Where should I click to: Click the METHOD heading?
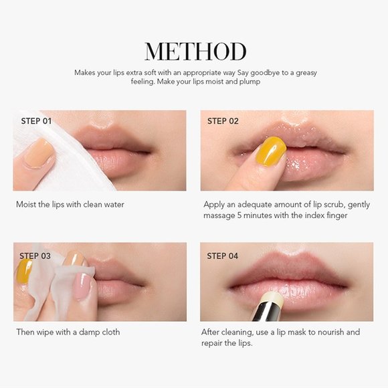click(195, 52)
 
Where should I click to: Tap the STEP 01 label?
click(36, 121)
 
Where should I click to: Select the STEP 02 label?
click(223, 121)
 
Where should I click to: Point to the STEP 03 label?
click(35, 256)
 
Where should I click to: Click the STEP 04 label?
click(223, 256)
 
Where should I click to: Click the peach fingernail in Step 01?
click(39, 153)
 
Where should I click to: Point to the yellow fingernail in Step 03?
click(24, 271)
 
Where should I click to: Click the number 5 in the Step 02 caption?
click(239, 215)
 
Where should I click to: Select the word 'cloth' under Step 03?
click(110, 332)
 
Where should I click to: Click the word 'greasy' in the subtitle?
click(306, 73)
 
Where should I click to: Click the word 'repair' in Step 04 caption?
click(212, 344)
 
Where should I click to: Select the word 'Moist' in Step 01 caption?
click(25, 205)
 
